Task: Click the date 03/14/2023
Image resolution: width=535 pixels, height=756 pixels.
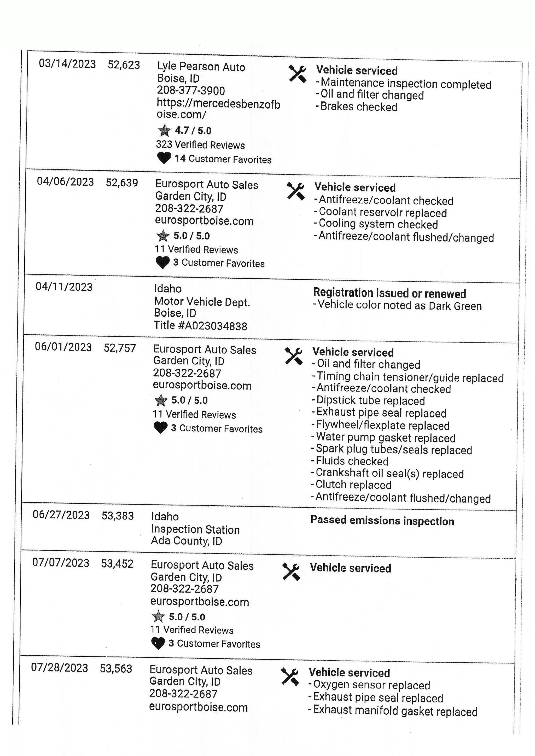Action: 67,64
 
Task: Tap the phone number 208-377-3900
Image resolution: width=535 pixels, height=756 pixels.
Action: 191,90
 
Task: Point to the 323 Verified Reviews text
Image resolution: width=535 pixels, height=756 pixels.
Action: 200,145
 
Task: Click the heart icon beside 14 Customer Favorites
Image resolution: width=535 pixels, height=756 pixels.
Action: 164,158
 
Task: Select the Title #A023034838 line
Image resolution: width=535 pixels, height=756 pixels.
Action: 200,326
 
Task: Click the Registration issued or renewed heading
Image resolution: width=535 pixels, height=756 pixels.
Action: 389,293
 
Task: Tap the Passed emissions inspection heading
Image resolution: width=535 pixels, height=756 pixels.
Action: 382,520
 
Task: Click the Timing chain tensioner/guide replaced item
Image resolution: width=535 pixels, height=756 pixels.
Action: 410,377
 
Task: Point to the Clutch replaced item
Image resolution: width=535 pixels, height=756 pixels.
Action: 353,485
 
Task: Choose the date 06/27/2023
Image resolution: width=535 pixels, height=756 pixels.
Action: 61,515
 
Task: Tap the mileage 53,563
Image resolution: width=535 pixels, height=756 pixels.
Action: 116,668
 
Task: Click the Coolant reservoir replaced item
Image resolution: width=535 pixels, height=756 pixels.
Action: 382,212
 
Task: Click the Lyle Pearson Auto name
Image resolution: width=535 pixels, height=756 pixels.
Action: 201,67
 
